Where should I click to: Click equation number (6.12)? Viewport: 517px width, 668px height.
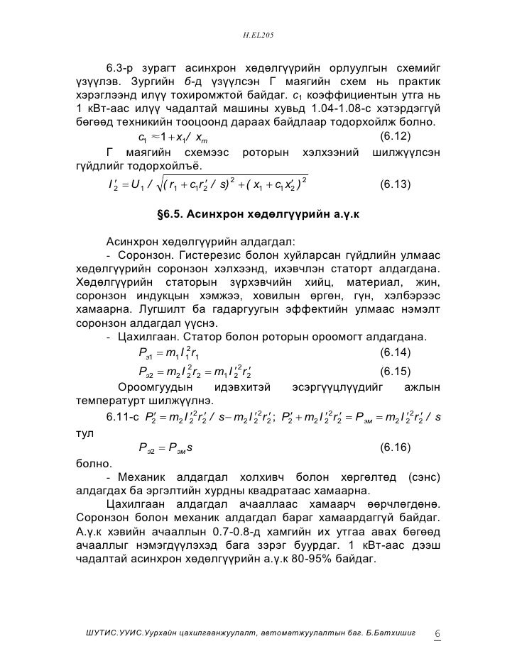(396, 134)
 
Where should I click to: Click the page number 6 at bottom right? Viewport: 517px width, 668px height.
(437, 633)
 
